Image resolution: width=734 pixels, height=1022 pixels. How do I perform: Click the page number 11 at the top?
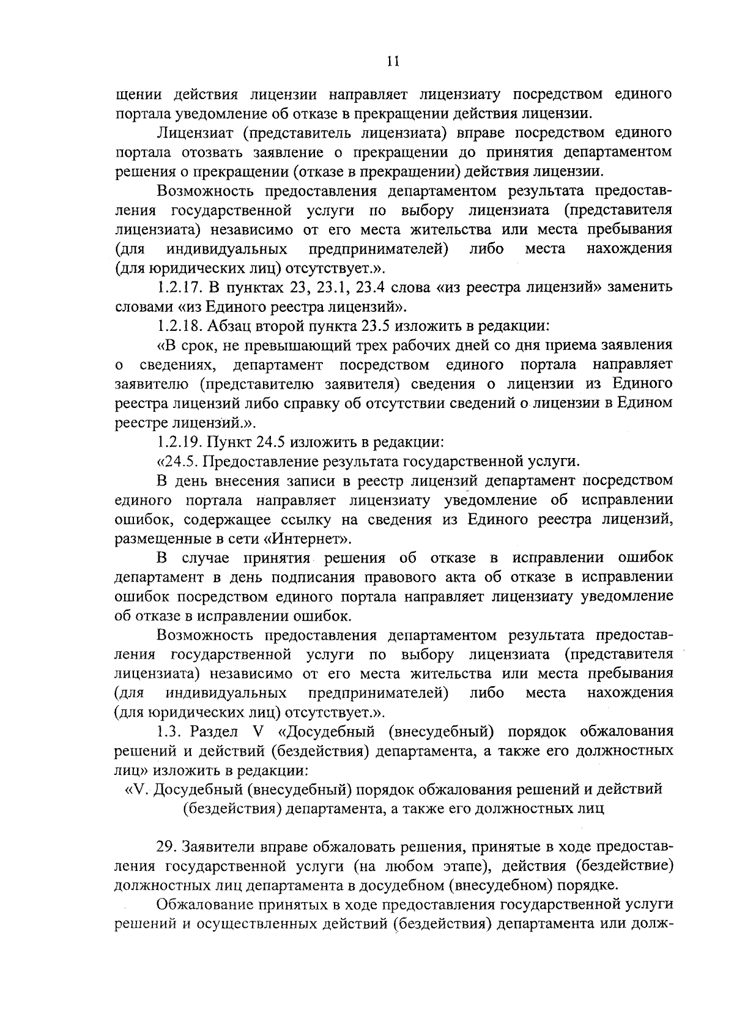(393, 61)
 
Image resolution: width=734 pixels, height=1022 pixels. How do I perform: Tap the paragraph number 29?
(166, 847)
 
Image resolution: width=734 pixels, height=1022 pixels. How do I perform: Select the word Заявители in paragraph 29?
(215, 847)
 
